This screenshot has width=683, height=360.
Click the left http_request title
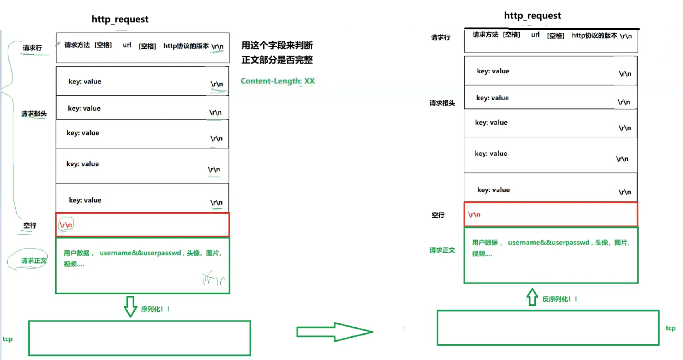[x=120, y=19]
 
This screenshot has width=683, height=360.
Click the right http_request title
[x=532, y=15]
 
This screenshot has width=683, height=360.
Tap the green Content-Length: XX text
[x=278, y=81]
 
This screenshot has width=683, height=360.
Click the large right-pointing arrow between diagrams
[x=334, y=331]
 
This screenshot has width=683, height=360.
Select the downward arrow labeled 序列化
[x=130, y=306]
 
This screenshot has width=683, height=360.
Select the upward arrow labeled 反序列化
[x=532, y=297]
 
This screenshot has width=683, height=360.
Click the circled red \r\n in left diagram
[x=66, y=224]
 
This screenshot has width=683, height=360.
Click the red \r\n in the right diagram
[x=474, y=214]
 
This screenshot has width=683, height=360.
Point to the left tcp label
[x=7, y=339]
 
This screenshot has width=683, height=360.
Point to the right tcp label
[x=670, y=328]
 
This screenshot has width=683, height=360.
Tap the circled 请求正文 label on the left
[x=33, y=260]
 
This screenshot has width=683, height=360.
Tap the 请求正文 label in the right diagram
[x=442, y=250]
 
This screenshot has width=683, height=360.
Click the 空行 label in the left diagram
[x=29, y=226]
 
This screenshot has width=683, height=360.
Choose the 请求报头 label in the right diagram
[x=442, y=103]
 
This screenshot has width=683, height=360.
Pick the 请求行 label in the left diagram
[x=32, y=48]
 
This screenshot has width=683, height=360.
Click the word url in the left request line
[x=127, y=45]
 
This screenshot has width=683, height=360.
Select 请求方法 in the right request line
[x=485, y=35]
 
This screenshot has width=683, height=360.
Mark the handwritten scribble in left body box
[x=214, y=278]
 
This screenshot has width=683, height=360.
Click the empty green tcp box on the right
[x=548, y=328]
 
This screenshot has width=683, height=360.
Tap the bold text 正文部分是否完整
[x=277, y=60]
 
